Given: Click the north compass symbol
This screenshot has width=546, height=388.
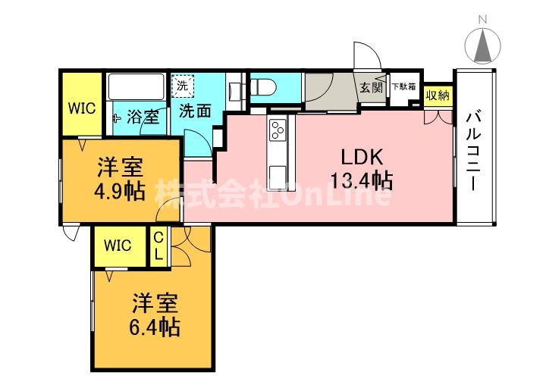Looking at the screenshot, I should (x=482, y=45).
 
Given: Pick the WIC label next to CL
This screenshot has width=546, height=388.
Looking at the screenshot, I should (x=118, y=246).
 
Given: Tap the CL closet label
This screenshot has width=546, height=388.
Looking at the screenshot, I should (x=158, y=246).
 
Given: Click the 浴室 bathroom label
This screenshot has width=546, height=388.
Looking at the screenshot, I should (x=143, y=117).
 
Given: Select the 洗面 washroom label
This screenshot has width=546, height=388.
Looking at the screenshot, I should (x=194, y=111).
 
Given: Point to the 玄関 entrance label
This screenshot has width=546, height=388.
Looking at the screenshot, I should (x=372, y=86).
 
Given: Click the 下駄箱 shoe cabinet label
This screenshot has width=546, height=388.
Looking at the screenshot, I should (x=403, y=86).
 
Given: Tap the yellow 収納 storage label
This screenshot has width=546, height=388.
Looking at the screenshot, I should (x=437, y=95).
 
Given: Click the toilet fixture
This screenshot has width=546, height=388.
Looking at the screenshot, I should (x=266, y=89).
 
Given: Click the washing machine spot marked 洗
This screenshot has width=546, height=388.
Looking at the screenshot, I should (x=182, y=86).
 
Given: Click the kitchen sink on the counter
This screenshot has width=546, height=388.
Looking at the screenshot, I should (x=278, y=171).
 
